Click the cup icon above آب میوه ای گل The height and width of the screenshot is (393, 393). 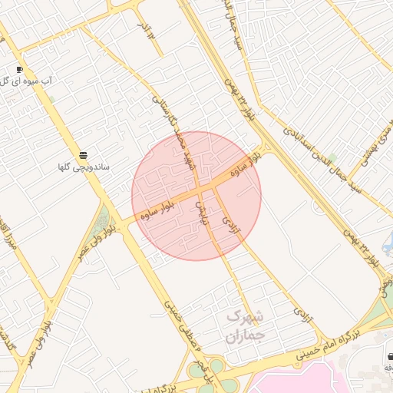[x=19, y=68]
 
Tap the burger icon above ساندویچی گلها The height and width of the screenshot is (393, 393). [x=83, y=155]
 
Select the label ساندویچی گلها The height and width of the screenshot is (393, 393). [x=84, y=167]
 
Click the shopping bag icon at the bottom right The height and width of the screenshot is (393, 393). [x=390, y=356]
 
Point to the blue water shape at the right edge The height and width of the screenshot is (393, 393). [x=388, y=244]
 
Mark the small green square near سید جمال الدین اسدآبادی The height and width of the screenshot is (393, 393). [x=332, y=158]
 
